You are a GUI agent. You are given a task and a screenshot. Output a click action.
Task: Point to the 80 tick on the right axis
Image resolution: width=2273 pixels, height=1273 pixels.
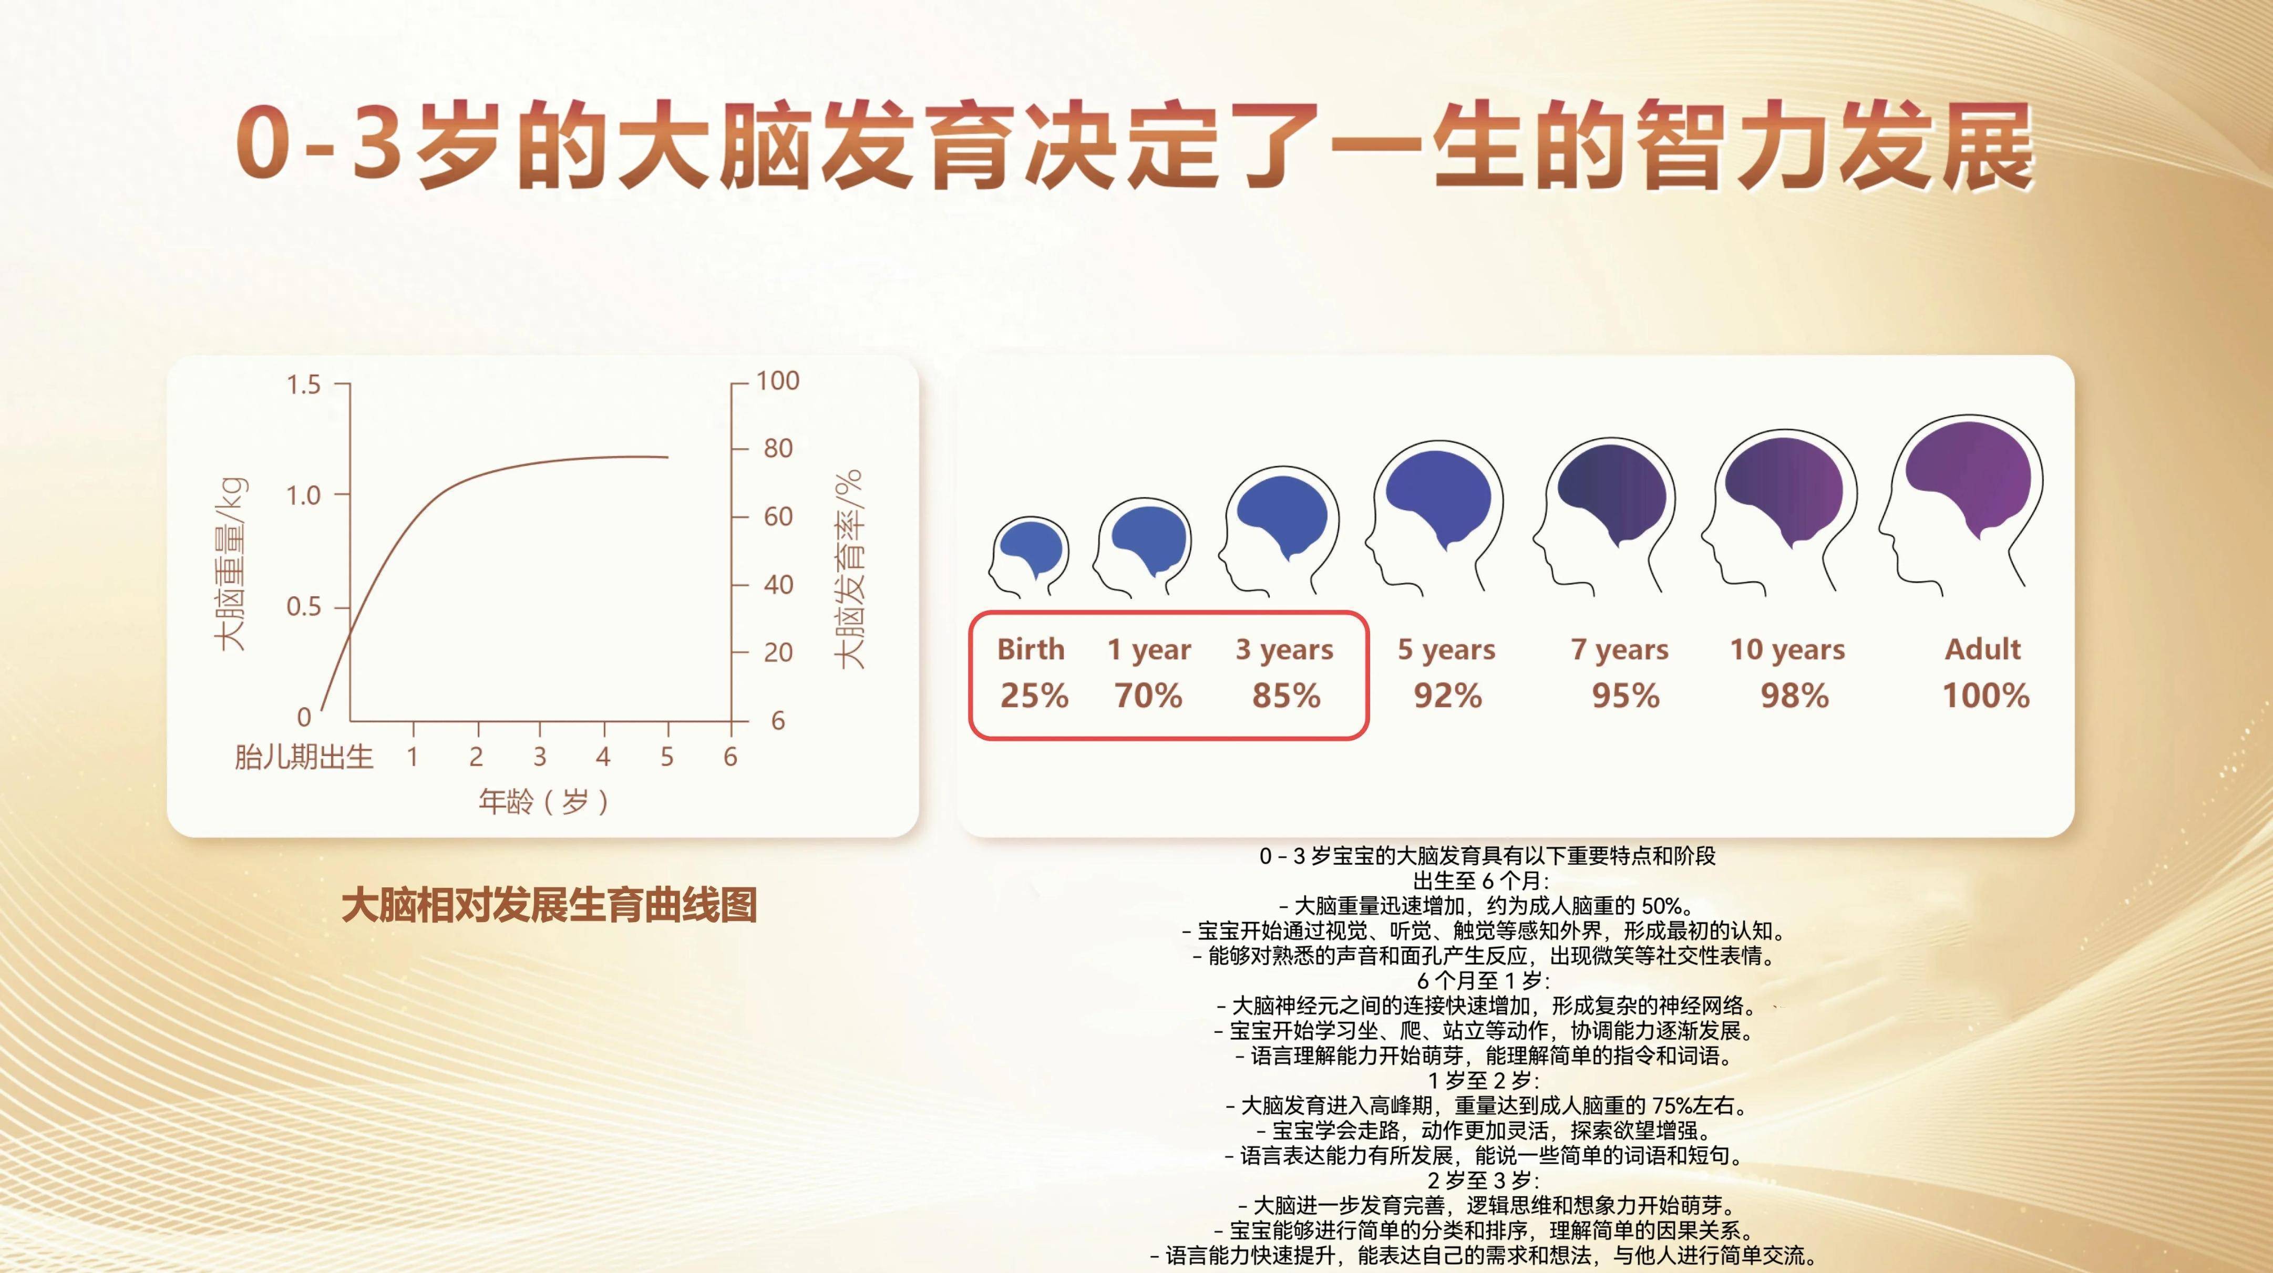point(777,448)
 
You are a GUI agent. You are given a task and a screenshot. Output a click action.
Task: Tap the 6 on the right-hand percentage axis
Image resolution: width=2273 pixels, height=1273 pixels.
point(777,721)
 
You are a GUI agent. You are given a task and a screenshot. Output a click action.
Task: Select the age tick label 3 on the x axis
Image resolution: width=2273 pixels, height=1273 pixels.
point(539,757)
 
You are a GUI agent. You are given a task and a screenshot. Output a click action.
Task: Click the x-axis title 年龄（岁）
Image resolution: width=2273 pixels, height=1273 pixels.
point(543,802)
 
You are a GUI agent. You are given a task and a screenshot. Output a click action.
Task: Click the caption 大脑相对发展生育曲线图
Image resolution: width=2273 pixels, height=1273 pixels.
point(549,906)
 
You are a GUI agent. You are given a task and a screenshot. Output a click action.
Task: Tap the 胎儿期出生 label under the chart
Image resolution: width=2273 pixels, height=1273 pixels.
point(304,757)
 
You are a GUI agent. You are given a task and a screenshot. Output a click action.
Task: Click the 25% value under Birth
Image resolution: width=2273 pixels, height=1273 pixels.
point(1033,696)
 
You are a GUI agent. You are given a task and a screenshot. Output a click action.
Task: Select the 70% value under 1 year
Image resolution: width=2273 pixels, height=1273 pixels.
point(1147,696)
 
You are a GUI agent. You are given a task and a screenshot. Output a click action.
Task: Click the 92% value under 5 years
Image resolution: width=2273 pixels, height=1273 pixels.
point(1447,696)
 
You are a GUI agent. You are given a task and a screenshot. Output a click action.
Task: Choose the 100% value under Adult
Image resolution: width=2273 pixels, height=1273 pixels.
point(1986,696)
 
